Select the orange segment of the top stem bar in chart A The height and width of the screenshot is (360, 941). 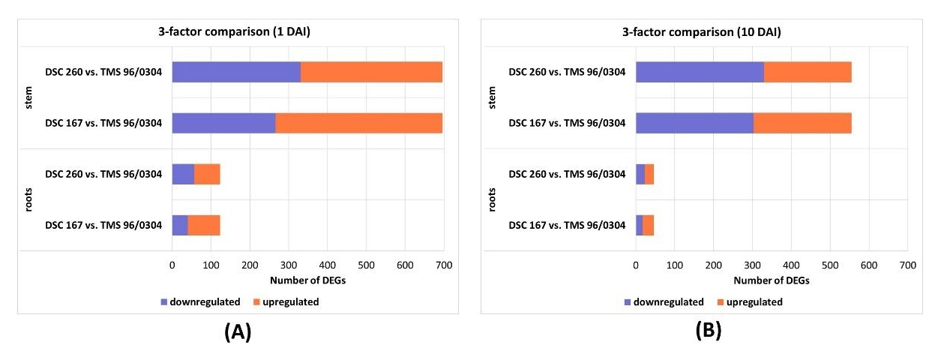click(x=371, y=72)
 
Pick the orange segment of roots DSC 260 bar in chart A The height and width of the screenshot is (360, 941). click(x=207, y=174)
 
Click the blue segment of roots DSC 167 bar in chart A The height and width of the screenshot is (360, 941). click(x=180, y=225)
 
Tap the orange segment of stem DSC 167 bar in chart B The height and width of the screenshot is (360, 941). click(x=802, y=123)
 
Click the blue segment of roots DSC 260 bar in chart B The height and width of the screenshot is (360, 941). click(x=640, y=174)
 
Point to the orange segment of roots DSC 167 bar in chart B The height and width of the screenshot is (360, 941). click(x=649, y=225)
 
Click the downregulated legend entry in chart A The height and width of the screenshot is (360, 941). click(x=200, y=302)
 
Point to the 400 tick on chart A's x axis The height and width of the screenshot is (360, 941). click(x=327, y=265)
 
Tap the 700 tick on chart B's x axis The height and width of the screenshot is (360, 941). click(x=907, y=265)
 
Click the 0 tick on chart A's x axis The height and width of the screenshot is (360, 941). click(x=172, y=265)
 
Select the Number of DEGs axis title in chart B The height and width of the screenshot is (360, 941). click(x=772, y=280)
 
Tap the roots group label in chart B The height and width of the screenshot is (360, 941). click(x=493, y=199)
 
